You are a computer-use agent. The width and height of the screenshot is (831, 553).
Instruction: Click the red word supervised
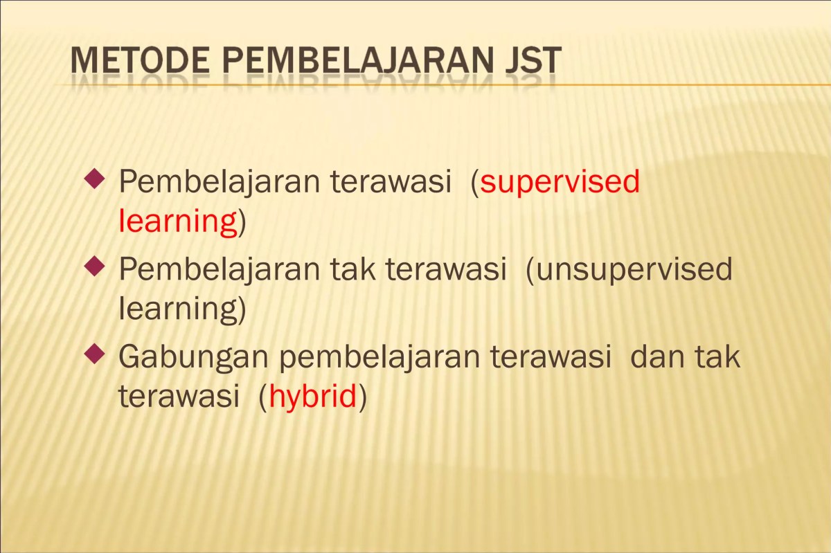(x=560, y=182)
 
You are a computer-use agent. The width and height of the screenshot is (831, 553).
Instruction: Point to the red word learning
(x=178, y=221)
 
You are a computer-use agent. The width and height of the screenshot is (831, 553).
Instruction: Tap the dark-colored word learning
(x=178, y=309)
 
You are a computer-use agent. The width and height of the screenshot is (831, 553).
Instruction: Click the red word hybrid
(x=312, y=397)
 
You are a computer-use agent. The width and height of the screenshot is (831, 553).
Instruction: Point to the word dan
(x=657, y=357)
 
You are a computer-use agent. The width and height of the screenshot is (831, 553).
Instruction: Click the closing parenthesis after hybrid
(x=361, y=397)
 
